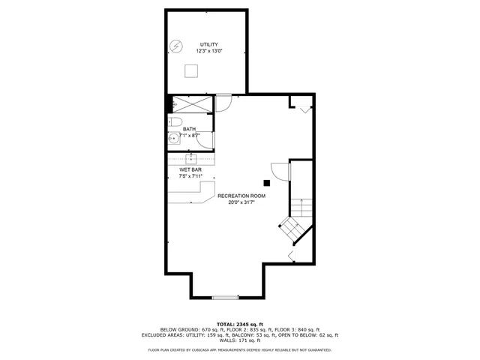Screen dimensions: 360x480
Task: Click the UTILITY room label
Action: point(208,44)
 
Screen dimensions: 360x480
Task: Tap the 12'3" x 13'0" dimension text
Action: point(208,52)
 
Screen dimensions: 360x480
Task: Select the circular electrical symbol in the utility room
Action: point(175,46)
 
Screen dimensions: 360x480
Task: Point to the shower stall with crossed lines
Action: point(191,104)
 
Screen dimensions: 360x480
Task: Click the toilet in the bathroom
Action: point(175,121)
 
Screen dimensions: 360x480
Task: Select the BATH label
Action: point(189,129)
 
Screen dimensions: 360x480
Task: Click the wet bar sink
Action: point(191,158)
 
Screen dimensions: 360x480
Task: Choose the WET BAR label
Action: point(189,169)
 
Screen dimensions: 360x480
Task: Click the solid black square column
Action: point(266,181)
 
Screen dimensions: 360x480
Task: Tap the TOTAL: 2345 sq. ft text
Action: point(240,323)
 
